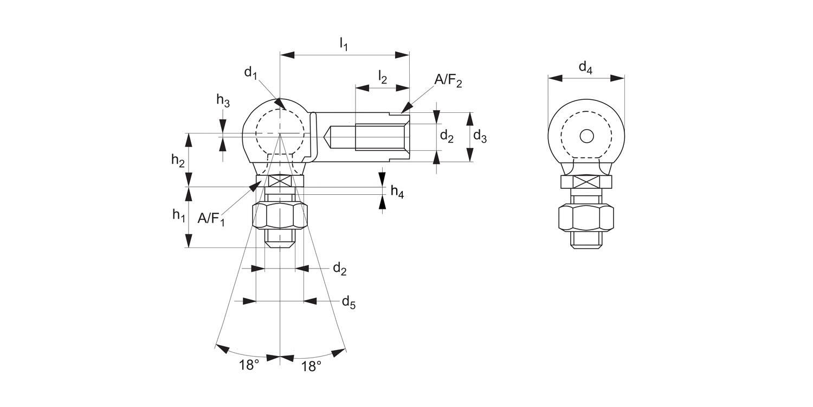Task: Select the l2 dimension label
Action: point(383,78)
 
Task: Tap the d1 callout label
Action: point(250,73)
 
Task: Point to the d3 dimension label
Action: point(480,136)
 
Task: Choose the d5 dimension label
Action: point(349,302)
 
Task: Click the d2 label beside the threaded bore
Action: point(447,136)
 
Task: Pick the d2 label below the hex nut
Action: point(339,269)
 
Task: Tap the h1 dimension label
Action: point(178,215)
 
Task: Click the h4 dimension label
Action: point(397,191)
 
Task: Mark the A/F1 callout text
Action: point(211,219)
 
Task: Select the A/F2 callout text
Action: point(448,81)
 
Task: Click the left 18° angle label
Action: point(249,365)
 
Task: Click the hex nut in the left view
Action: point(280,215)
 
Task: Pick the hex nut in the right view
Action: point(586,218)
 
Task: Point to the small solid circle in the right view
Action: point(586,136)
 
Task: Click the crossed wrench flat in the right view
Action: point(586,182)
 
